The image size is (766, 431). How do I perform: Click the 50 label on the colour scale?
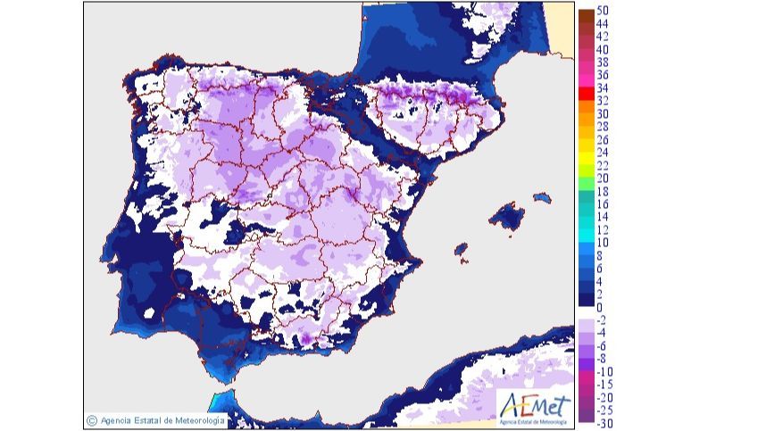coord(604,11)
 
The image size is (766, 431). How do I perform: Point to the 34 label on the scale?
coord(604,88)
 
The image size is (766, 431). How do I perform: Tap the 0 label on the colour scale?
coord(600,307)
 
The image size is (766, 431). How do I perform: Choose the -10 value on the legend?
coord(604,371)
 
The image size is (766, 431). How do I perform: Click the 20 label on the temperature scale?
coord(604,178)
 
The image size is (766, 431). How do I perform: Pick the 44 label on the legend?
coord(604,24)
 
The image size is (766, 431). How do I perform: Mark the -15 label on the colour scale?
coord(604,385)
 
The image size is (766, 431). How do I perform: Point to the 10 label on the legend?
coord(604,243)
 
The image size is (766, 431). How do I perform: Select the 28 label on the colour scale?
coord(604,127)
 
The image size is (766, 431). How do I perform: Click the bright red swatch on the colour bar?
coord(586,92)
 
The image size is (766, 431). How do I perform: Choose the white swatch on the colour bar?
coord(586,313)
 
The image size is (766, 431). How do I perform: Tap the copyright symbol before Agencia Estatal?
coord(91,419)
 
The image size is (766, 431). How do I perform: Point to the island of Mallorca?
coord(505,216)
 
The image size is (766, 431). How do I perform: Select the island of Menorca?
coord(541,198)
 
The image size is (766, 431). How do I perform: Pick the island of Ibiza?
coord(462,251)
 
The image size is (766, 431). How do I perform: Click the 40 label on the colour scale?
coord(604,49)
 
